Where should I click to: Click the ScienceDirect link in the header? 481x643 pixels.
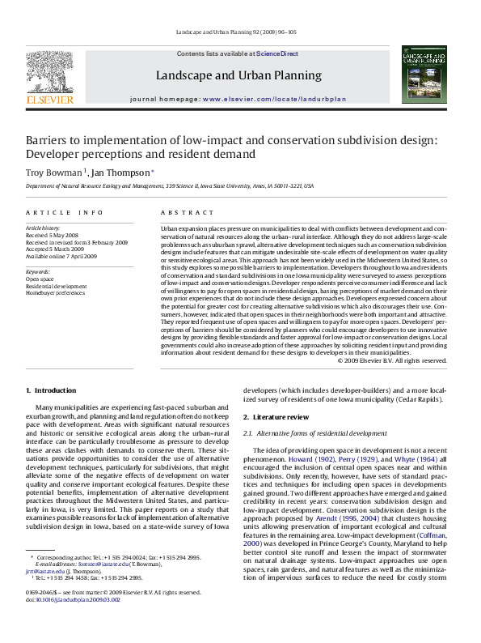pos(277,53)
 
